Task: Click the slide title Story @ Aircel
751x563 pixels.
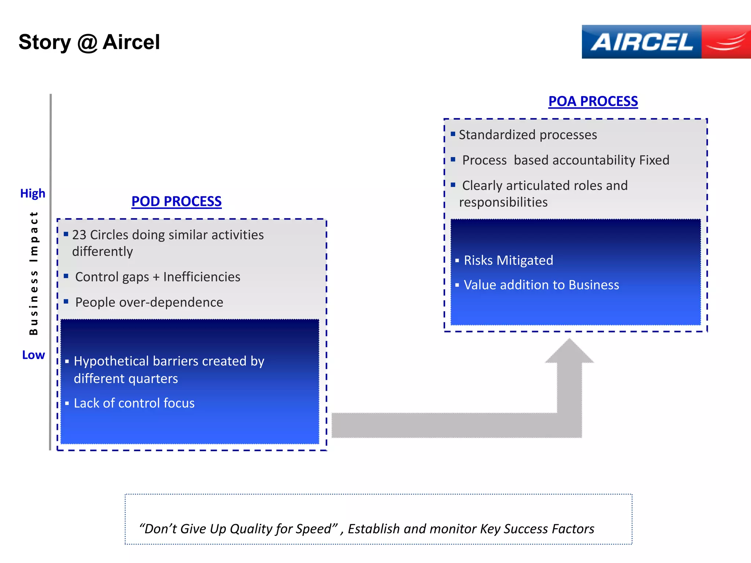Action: tap(89, 42)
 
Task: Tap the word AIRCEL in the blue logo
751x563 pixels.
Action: tap(642, 42)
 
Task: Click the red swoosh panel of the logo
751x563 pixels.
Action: tap(726, 42)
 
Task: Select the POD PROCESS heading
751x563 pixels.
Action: tap(176, 201)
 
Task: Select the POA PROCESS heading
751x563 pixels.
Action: tap(593, 101)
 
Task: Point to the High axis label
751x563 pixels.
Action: tap(33, 193)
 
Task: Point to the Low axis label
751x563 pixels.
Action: tap(33, 355)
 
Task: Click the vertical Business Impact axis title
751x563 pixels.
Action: tap(34, 273)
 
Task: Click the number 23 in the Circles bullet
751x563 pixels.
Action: tap(79, 235)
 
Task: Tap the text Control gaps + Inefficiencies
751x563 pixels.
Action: tap(158, 277)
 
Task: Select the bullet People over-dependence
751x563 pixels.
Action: tap(149, 302)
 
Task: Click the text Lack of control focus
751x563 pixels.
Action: tap(134, 403)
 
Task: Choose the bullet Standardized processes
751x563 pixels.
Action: tap(528, 135)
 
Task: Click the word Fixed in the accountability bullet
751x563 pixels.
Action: tap(654, 160)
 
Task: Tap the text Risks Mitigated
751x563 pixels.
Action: tap(508, 260)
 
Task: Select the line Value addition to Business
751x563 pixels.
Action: tap(541, 285)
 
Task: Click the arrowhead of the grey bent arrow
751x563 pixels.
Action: tap(569, 352)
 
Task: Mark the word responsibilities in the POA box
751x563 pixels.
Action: tap(503, 202)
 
